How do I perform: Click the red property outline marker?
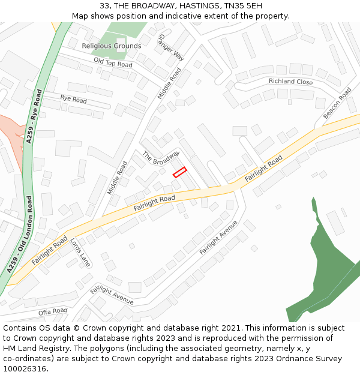tap(180, 172)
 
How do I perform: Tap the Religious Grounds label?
tap(112, 46)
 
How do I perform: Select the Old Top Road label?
tap(113, 63)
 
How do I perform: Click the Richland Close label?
tap(290, 82)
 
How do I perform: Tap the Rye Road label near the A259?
tap(73, 99)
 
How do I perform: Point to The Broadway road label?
tap(161, 158)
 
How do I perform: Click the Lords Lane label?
tap(80, 252)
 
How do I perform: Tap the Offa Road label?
tap(53, 311)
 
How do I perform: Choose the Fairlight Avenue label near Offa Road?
tap(112, 295)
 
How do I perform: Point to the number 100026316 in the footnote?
tap(25, 368)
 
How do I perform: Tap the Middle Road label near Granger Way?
tap(169, 83)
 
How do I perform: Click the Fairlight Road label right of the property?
tap(263, 169)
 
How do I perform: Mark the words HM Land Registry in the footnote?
tap(34, 348)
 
